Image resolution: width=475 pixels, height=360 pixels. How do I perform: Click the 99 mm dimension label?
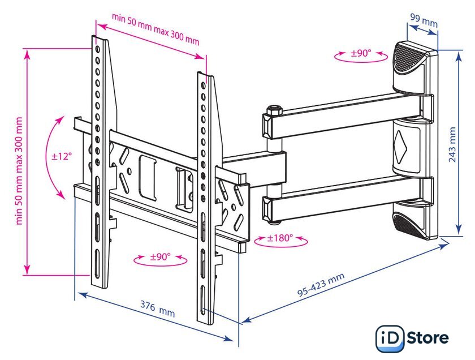click(424, 20)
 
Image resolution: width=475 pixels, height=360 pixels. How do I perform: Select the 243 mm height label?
click(452, 145)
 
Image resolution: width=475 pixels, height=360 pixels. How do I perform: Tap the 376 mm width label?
click(158, 308)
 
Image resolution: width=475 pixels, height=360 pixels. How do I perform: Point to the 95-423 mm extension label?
click(321, 285)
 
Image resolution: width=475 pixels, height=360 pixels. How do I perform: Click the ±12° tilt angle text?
click(62, 156)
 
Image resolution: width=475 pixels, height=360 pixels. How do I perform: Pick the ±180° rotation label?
click(280, 238)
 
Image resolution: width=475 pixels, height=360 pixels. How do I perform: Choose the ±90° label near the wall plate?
click(361, 53)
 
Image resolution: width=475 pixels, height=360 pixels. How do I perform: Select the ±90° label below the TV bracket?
click(161, 257)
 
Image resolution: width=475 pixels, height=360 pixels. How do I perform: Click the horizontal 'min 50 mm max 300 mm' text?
click(156, 29)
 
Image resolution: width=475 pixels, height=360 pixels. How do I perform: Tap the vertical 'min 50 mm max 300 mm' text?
click(19, 171)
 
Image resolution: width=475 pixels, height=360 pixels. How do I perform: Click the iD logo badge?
click(390, 338)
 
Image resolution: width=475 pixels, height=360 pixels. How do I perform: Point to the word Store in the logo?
click(427, 337)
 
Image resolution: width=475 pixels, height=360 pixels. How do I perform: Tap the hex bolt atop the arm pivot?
click(274, 109)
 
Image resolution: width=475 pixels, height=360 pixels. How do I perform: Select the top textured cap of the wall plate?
click(409, 58)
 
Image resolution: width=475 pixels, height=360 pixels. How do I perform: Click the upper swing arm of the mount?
click(348, 116)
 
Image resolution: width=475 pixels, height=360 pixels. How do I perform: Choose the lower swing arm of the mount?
click(348, 199)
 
